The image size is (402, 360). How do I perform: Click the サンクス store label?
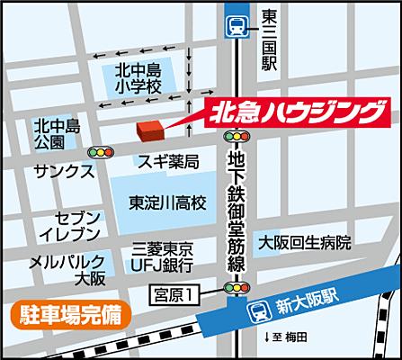point(63,170)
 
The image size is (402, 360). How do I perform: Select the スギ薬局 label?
point(167,161)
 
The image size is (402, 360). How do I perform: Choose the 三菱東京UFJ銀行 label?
point(163,256)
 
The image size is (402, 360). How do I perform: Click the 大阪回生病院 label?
point(305,243)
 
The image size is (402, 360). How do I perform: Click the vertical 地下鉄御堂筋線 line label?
point(237,211)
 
